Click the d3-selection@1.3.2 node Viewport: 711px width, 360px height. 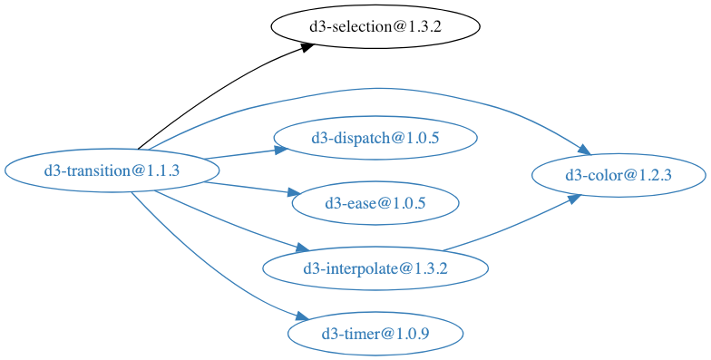[375, 26]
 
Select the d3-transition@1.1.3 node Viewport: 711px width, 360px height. [112, 170]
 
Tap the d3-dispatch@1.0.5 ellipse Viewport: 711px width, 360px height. [375, 138]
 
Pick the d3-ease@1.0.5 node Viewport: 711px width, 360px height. [375, 202]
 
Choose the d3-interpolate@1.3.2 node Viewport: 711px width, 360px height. [375, 268]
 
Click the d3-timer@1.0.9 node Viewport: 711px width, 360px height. [375, 334]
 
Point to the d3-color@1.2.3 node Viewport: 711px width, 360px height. [618, 175]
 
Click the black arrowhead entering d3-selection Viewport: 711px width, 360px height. [306, 47]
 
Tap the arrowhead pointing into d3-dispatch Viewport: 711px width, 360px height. [280, 150]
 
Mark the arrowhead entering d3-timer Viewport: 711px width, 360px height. [303, 316]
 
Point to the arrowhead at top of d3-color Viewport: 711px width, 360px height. [584, 150]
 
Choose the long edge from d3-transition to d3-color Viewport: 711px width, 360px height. [363, 89]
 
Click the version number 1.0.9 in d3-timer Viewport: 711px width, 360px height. [411, 334]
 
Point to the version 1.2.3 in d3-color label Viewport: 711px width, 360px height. [652, 175]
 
